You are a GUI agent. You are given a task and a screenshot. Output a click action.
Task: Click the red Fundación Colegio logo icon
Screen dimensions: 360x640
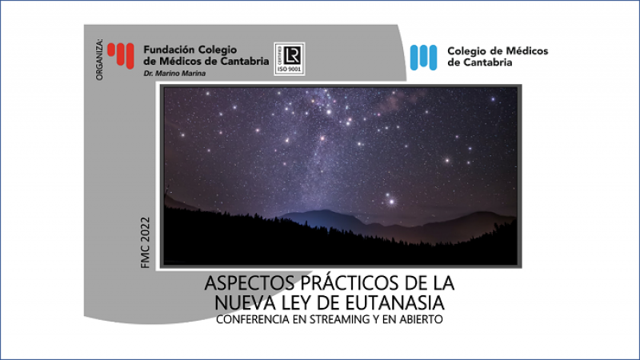[122, 54]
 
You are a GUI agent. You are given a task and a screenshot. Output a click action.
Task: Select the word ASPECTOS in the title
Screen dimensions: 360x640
[239, 285]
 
